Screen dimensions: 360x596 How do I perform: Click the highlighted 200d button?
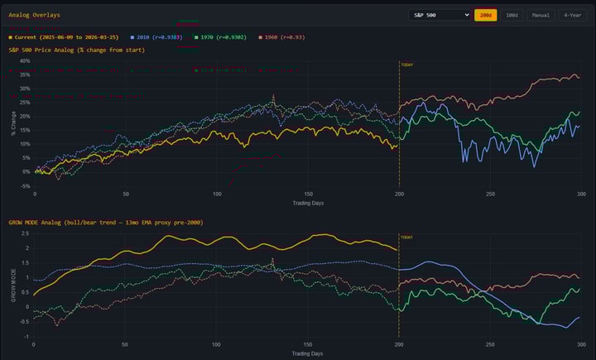point(485,15)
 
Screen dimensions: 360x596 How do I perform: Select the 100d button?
point(512,15)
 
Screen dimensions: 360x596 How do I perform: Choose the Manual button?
point(541,15)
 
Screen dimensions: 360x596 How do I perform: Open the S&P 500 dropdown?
point(440,15)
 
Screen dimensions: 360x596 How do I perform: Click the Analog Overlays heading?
point(34,15)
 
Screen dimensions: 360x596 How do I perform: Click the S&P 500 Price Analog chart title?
point(76,50)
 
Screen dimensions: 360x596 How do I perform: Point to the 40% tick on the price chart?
point(24,60)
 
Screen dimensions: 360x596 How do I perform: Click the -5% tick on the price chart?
point(24,185)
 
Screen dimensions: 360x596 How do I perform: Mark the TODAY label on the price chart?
point(406,65)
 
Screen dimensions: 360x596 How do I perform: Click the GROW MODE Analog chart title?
point(105,223)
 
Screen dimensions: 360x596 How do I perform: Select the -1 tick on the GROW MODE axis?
point(26,338)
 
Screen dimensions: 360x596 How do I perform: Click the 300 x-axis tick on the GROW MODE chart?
point(579,345)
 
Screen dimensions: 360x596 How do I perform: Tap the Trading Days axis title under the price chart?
point(307,203)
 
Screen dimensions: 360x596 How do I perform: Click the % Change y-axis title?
point(12,122)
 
